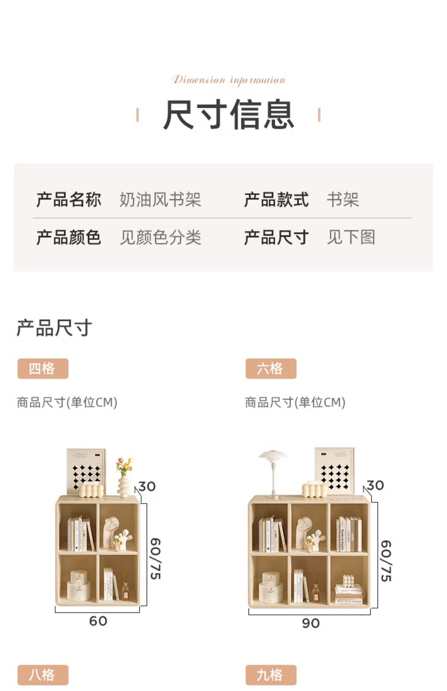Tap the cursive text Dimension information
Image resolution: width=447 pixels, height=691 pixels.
tap(229, 80)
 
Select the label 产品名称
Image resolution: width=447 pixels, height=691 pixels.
tap(68, 200)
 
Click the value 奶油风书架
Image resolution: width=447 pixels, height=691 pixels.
tap(160, 200)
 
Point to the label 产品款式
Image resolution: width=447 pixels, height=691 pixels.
tap(276, 200)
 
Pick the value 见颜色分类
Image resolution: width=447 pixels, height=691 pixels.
tap(160, 238)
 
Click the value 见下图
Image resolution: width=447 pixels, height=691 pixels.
tap(351, 238)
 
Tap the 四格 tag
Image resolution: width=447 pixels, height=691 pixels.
tap(43, 369)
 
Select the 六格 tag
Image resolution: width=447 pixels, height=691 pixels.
tap(271, 369)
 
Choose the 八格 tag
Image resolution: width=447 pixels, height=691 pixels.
tap(43, 675)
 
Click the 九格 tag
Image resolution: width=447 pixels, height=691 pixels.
tap(271, 675)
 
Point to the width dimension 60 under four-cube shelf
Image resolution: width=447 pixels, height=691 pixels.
tap(98, 621)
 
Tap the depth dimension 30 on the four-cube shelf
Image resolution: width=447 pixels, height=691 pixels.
tap(147, 487)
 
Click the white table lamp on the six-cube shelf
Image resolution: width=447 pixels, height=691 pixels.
tap(273, 468)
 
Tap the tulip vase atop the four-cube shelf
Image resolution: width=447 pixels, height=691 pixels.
tap(124, 477)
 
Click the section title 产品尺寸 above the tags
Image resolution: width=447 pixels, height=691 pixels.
tap(54, 328)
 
